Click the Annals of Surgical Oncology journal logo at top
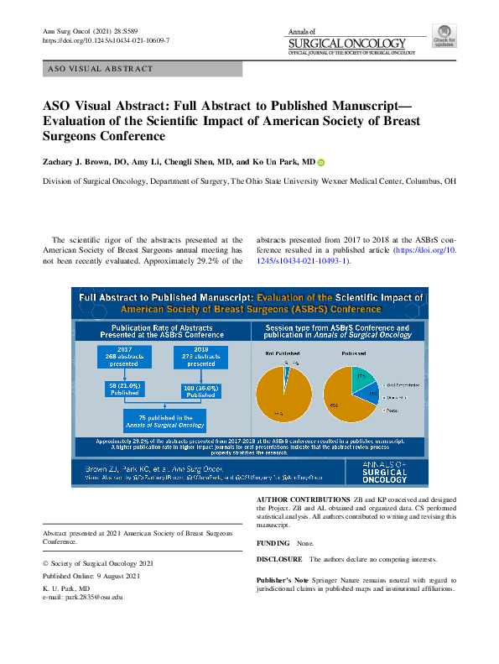pos(351,43)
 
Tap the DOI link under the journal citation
pos(106,40)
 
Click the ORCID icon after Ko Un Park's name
pos(320,162)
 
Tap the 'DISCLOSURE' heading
pos(279,558)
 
